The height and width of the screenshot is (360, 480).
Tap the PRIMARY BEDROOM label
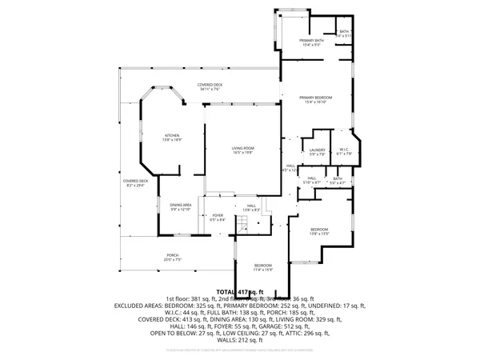[x=318, y=97]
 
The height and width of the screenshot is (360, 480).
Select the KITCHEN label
[x=172, y=135]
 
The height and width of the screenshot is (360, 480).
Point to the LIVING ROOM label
[x=243, y=148]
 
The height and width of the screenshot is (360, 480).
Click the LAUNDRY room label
[x=318, y=149]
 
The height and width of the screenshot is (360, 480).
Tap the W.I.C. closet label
[x=344, y=149]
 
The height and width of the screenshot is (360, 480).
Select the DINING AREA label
[x=180, y=205]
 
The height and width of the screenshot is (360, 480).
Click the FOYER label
[x=217, y=215]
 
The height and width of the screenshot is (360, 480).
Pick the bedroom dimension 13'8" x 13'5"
[x=319, y=234]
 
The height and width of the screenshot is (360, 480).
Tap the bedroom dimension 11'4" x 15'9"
[x=263, y=270]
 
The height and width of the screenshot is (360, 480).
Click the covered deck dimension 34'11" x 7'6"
[x=210, y=90]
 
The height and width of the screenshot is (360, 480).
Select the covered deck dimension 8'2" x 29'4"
[x=134, y=186]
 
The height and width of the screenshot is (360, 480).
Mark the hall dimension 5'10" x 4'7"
[x=312, y=182]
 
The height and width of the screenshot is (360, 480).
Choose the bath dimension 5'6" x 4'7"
[x=338, y=182]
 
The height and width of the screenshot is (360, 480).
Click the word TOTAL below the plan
[x=226, y=292]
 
